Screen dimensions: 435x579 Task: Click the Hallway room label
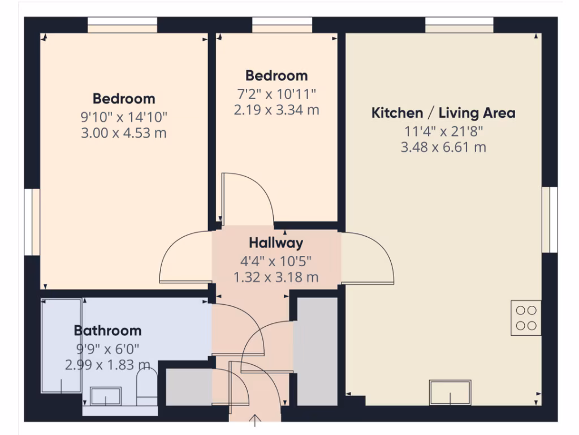pos(276,243)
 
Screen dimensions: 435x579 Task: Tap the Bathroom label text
pos(108,330)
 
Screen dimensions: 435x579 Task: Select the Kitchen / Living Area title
pos(443,113)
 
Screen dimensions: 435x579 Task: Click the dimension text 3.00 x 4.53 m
pos(124,133)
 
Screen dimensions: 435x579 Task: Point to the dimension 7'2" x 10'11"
pos(276,93)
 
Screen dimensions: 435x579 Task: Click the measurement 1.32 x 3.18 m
pos(276,278)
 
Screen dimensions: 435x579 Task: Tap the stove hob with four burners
pos(526,318)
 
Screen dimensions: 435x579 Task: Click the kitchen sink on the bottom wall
pos(450,392)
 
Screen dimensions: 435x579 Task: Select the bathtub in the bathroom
pos(62,346)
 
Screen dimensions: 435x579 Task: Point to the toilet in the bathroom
pos(147,388)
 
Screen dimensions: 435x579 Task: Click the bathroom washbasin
pos(106,396)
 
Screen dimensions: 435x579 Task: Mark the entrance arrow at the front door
pos(256,420)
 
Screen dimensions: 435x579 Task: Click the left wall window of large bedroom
pos(32,221)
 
